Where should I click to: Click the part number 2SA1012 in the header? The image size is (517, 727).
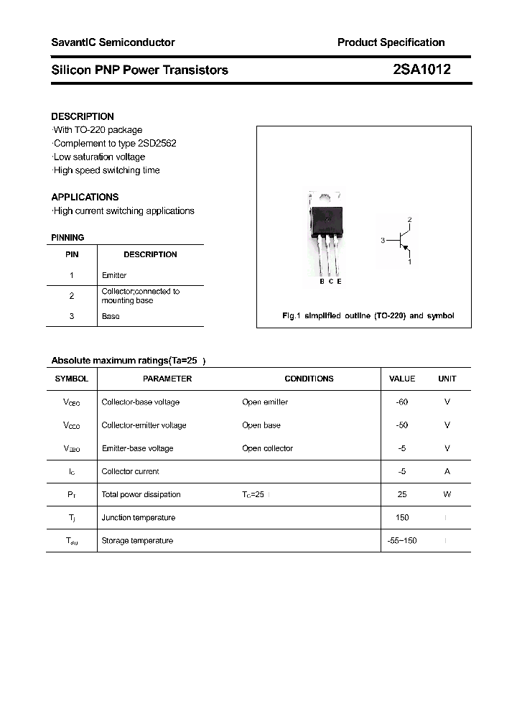421,70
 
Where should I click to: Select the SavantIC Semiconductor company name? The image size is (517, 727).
113,42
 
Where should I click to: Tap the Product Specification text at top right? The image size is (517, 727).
391,42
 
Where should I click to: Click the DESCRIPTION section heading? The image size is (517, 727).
83,116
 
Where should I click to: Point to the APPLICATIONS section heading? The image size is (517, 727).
85,197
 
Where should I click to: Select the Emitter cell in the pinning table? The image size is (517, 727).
114,275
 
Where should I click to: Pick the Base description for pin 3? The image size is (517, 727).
111,316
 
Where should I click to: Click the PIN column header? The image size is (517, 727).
72,254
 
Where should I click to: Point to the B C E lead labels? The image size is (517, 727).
330,282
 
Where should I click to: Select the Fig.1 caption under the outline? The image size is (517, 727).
368,316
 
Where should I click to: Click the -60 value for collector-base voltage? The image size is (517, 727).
401,402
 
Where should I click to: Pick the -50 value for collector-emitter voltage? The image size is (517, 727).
401,425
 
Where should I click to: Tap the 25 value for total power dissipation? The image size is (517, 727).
402,494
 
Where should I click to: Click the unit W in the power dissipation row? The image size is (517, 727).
447,494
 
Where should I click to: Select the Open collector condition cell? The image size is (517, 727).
267,448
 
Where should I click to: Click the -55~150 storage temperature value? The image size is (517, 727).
401,540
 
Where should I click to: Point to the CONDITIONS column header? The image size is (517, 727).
309,379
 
